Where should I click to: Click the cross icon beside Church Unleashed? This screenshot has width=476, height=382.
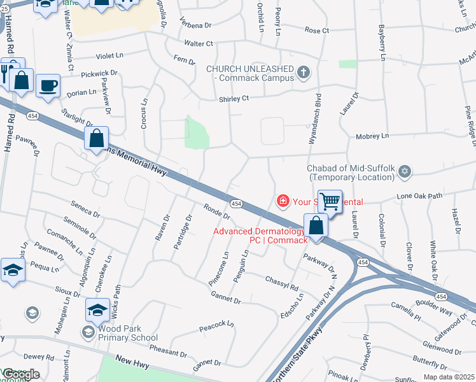tap(304, 72)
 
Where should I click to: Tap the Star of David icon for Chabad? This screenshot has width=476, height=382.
tap(405, 171)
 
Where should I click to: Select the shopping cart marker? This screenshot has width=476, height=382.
tap(330, 202)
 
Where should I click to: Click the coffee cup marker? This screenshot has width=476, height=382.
tap(48, 86)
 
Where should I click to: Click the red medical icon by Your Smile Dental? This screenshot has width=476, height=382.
tap(282, 201)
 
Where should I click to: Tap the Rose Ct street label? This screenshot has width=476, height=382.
tap(316, 30)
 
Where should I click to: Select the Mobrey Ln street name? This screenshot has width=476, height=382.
tap(372, 136)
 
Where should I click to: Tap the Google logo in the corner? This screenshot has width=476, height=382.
tap(20, 374)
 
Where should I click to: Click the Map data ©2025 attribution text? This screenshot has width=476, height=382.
tap(449, 377)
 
